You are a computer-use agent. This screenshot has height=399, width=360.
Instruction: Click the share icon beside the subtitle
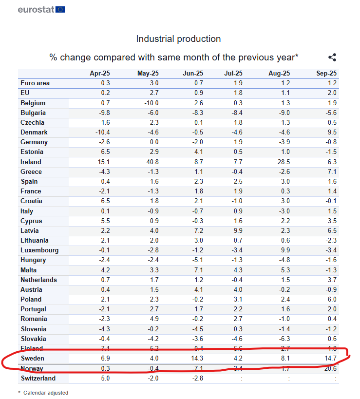click(x=332, y=57)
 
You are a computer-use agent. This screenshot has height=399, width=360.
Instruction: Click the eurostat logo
click(x=41, y=9)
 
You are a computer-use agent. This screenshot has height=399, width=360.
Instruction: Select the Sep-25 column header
click(x=326, y=73)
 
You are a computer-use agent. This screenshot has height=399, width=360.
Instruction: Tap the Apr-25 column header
click(x=100, y=73)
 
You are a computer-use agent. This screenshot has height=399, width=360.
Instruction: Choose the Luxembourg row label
click(x=39, y=250)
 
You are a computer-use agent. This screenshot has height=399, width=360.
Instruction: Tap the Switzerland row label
click(x=38, y=378)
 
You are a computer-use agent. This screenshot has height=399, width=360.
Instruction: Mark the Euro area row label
click(x=35, y=83)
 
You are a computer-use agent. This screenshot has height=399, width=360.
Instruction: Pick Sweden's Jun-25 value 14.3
click(x=195, y=359)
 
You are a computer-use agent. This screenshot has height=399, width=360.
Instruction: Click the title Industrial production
click(x=178, y=38)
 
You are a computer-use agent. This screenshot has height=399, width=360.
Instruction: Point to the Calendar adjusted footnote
click(x=45, y=393)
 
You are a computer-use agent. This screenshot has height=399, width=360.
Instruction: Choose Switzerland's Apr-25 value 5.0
click(x=105, y=378)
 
